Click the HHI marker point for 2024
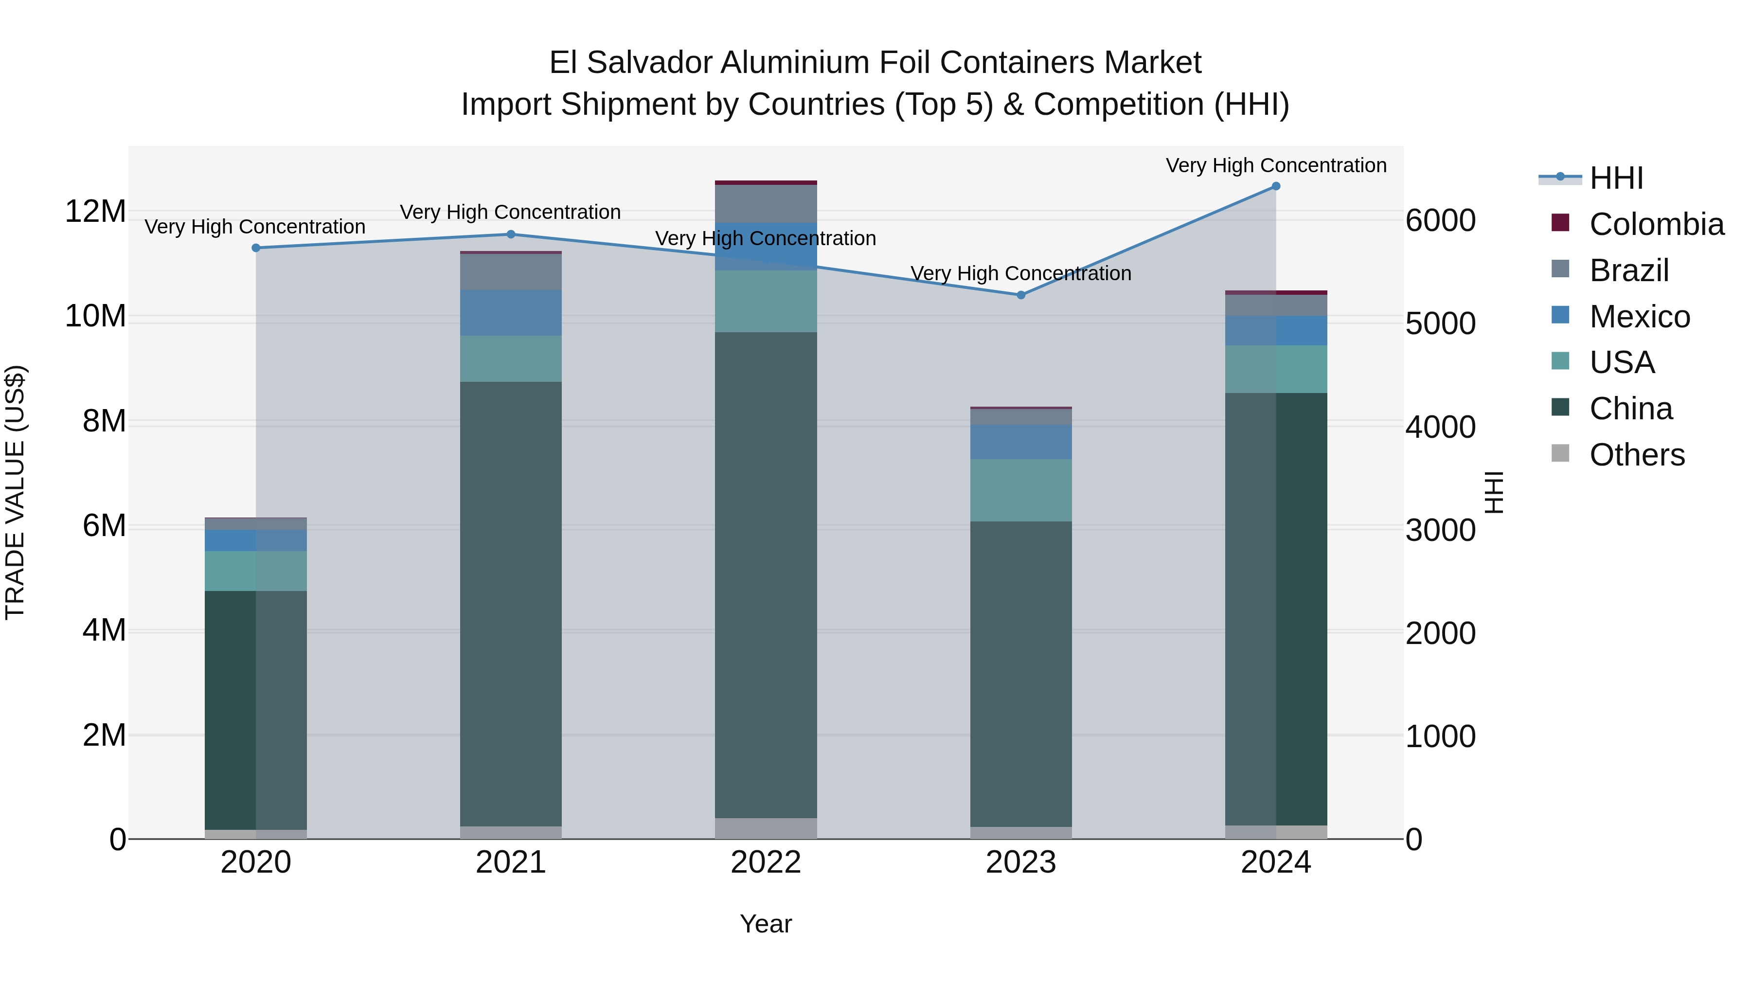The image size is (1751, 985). pyautogui.click(x=1276, y=186)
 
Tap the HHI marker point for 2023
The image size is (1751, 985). pyautogui.click(x=1021, y=295)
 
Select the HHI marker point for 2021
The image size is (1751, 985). pyautogui.click(x=511, y=234)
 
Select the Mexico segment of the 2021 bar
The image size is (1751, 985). pyautogui.click(x=511, y=313)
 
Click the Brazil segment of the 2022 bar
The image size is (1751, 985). pyautogui.click(x=766, y=203)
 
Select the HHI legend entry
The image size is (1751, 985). pyautogui.click(x=1616, y=178)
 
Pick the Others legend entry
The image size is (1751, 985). pyautogui.click(x=1636, y=455)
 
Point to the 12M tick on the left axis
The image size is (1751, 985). pyautogui.click(x=95, y=212)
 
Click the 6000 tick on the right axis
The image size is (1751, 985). pyautogui.click(x=1440, y=221)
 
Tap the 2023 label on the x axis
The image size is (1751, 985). pyautogui.click(x=1021, y=862)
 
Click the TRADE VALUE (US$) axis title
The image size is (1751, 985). pyautogui.click(x=15, y=492)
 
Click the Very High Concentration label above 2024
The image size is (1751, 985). pyautogui.click(x=1276, y=165)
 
